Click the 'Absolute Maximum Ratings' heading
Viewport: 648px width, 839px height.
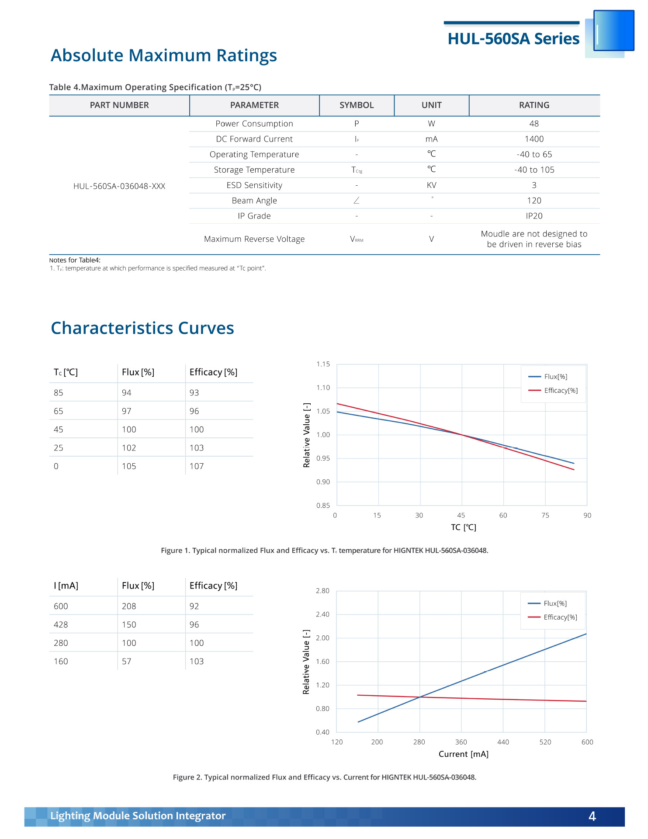click(164, 55)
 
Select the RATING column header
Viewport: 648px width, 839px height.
click(534, 105)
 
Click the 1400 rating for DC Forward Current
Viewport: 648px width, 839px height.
click(534, 139)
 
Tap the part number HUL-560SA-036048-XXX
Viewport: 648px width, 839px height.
click(119, 186)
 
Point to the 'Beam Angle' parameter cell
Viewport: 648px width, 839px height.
click(254, 201)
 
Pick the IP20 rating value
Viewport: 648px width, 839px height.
click(534, 216)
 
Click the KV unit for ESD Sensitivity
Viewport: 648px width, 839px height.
click(431, 185)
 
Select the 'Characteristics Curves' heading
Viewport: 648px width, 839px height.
click(142, 328)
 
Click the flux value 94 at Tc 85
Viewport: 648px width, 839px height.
click(127, 393)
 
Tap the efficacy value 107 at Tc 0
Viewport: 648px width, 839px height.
click(197, 466)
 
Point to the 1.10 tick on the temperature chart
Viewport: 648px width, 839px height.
click(323, 388)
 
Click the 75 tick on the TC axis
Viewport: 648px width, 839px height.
click(545, 516)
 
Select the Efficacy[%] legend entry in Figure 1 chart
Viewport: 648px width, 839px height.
click(561, 391)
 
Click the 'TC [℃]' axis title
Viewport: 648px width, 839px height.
click(463, 527)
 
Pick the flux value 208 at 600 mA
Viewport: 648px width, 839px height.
click(129, 607)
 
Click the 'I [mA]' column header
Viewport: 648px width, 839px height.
click(66, 586)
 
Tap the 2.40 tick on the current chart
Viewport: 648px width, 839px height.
click(322, 614)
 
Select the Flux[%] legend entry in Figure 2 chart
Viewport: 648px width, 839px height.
click(555, 603)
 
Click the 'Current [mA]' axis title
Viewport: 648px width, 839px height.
click(463, 754)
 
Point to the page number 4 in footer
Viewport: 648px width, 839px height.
click(592, 816)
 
